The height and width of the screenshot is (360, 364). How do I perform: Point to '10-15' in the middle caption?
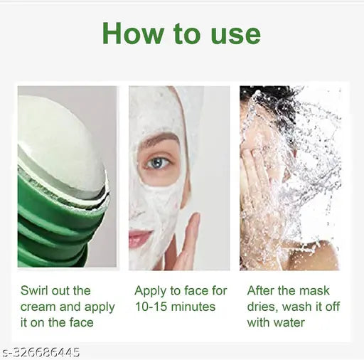point(152,307)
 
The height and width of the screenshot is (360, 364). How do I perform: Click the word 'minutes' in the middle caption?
point(193,307)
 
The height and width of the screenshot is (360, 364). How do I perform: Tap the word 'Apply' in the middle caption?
point(151,290)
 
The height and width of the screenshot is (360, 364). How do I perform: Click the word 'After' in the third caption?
point(262,290)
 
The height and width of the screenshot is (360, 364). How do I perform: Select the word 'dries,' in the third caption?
point(264,307)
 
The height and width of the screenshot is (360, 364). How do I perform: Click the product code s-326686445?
point(41,352)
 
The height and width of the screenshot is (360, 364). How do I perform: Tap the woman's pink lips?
point(139,238)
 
